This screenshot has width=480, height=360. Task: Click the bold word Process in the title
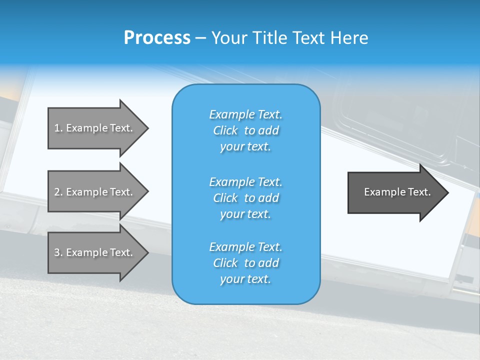[x=157, y=38]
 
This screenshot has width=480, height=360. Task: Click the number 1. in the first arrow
[x=58, y=128]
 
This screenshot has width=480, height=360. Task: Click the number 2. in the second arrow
[x=58, y=192]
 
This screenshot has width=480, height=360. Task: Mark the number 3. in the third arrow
[x=58, y=252]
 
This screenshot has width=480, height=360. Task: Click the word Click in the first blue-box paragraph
[x=225, y=130]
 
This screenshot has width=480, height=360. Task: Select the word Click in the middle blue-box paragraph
[x=225, y=198]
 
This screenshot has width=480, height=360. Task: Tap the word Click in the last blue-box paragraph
[x=225, y=263]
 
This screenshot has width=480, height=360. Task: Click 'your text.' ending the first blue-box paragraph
[x=245, y=146]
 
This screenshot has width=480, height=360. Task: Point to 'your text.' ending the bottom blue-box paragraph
[x=245, y=279]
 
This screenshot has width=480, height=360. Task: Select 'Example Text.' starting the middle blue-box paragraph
[x=245, y=181]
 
